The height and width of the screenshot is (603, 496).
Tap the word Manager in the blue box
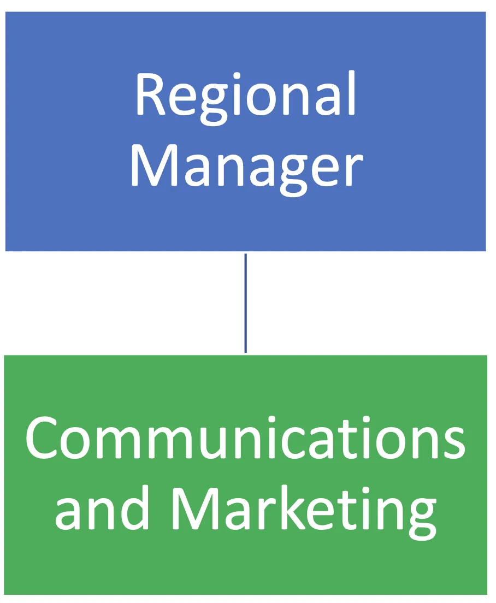(x=246, y=164)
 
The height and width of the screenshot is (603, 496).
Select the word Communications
(x=245, y=440)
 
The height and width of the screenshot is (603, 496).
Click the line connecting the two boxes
(x=245, y=303)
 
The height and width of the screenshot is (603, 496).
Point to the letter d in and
(x=134, y=505)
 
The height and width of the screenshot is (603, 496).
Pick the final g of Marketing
(x=420, y=516)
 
